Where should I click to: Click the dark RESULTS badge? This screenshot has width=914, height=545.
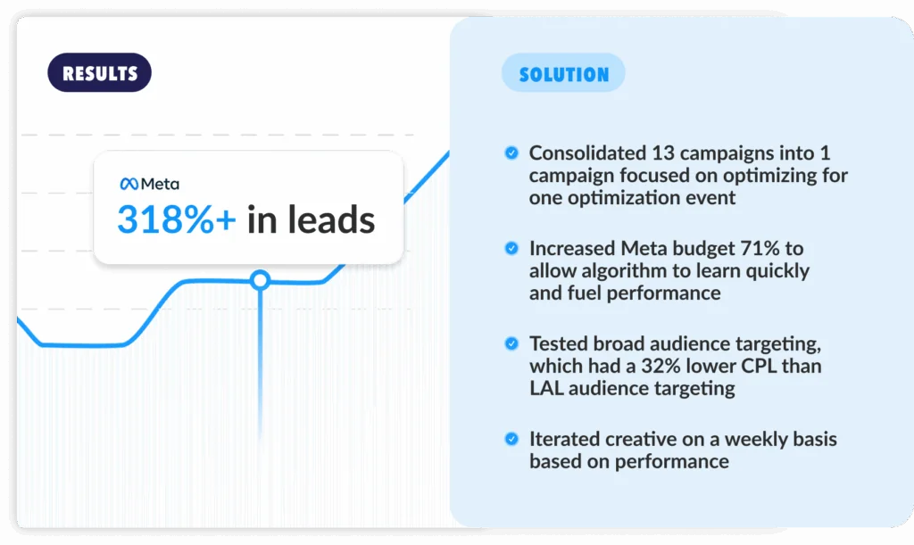click(100, 73)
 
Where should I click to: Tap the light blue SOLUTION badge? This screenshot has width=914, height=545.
click(564, 73)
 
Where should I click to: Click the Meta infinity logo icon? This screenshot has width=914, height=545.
click(129, 184)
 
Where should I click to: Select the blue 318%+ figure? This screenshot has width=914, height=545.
click(177, 219)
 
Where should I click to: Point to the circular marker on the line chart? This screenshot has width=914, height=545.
click(260, 280)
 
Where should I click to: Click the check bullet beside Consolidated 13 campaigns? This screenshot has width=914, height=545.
click(511, 153)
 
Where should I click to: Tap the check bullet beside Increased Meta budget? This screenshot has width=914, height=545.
click(511, 249)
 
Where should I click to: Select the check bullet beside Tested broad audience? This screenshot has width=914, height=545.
click(511, 343)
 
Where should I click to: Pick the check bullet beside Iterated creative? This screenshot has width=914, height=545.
click(511, 439)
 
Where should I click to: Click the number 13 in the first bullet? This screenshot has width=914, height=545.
click(663, 153)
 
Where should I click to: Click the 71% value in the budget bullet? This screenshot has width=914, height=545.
click(760, 249)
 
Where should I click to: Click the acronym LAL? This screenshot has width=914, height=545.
click(546, 388)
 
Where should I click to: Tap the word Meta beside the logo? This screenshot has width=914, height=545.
click(161, 184)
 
